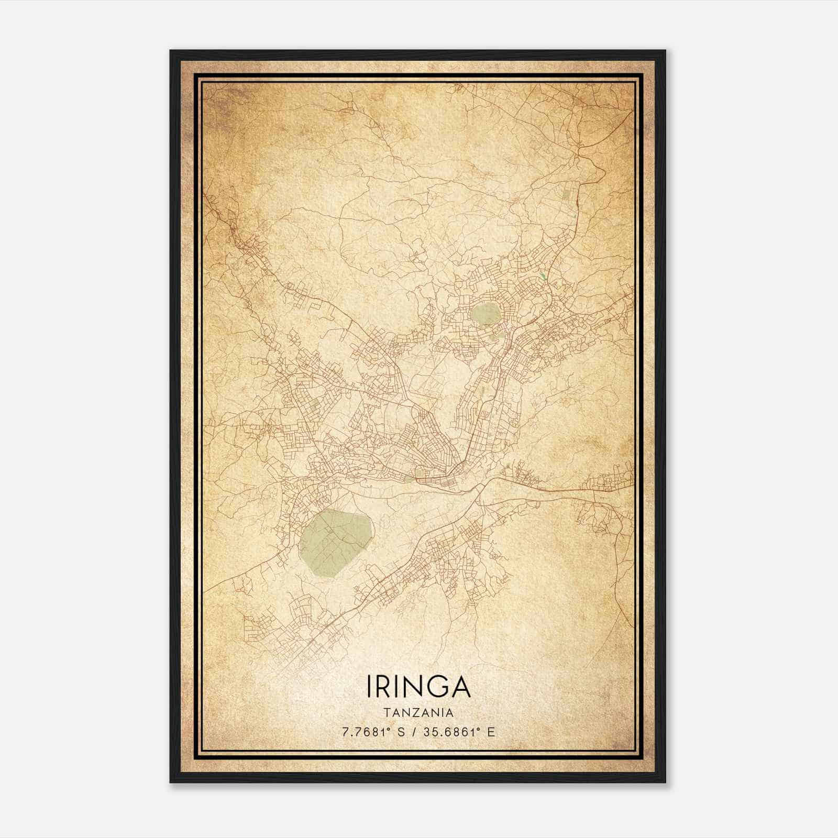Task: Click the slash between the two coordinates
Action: (413, 732)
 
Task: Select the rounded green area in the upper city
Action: (485, 314)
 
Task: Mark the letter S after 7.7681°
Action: (401, 732)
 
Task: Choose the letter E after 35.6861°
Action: (491, 732)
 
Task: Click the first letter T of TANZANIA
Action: (385, 713)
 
